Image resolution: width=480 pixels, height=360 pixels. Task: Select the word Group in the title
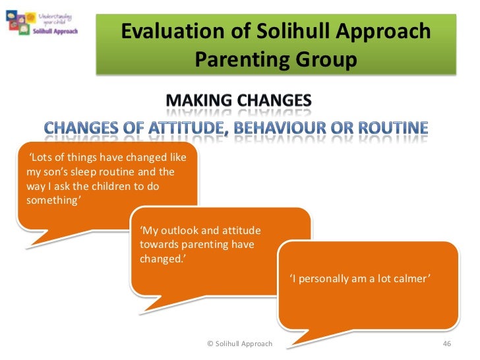pyautogui.click(x=324, y=60)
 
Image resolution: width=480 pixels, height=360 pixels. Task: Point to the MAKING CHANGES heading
pyautogui.click(x=238, y=100)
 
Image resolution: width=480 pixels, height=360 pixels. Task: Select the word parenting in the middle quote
pyautogui.click(x=202, y=244)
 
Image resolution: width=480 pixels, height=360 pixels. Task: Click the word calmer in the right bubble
pyautogui.click(x=411, y=279)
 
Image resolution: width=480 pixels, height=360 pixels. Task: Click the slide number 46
pyautogui.click(x=446, y=344)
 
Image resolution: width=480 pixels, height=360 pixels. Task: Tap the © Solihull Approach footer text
pyautogui.click(x=239, y=344)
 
